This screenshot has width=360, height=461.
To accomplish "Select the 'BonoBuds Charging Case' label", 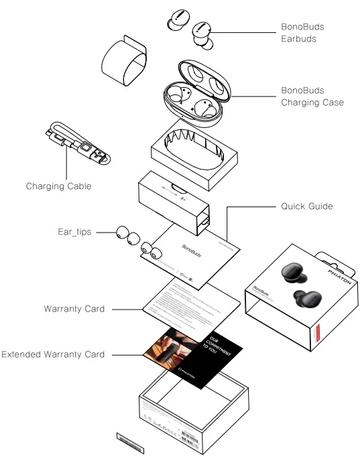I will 312,96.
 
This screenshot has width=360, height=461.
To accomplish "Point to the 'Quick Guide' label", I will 306,206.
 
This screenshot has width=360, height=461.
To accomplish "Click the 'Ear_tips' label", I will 73,232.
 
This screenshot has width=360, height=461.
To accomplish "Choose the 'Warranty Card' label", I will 74,309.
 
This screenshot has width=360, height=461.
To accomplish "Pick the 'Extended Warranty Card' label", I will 53,354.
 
